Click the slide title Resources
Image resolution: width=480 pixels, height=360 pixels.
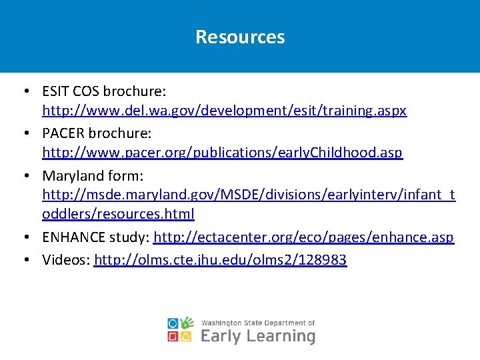pyautogui.click(x=240, y=37)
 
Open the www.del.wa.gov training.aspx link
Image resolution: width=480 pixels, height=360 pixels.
pyautogui.click(x=224, y=111)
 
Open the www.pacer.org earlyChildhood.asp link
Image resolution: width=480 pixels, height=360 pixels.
pyautogui.click(x=222, y=153)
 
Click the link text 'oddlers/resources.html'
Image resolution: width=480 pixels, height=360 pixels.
pyautogui.click(x=118, y=214)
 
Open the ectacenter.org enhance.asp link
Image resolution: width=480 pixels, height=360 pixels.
pyautogui.click(x=303, y=237)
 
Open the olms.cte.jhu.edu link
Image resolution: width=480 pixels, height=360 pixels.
pyautogui.click(x=221, y=260)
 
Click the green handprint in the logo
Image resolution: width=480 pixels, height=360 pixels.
pyautogui.click(x=187, y=323)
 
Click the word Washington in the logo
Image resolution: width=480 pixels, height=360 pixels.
pyautogui.click(x=221, y=323)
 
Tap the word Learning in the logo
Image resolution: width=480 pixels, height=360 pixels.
pyautogui.click(x=281, y=336)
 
